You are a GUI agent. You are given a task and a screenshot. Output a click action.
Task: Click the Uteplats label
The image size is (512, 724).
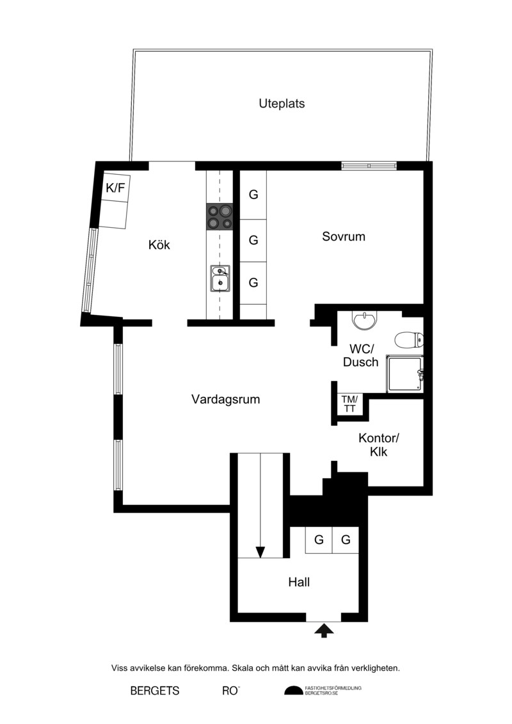tap(282, 104)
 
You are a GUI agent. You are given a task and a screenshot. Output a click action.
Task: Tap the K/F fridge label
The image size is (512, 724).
tap(115, 188)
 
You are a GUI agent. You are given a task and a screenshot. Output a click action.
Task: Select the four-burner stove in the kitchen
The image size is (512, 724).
tap(220, 216)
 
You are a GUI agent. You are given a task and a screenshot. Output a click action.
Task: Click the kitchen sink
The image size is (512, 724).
tap(220, 278)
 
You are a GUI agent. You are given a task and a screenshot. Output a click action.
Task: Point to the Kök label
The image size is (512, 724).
tap(159, 245)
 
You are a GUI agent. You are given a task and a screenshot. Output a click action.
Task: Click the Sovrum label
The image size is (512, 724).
tap(344, 236)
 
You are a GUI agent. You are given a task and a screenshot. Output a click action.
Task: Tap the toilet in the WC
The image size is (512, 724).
tap(409, 341)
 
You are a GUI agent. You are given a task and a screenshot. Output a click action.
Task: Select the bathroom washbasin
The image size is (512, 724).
tap(365, 320)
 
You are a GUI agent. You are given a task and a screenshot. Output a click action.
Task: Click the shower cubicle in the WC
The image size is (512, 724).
tap(404, 374)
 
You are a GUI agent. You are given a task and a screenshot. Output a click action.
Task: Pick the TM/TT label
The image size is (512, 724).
tap(349, 404)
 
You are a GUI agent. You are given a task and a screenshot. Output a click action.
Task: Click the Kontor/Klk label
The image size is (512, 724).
tap(379, 445)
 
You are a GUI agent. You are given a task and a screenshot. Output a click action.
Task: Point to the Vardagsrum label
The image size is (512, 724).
tap(226, 399)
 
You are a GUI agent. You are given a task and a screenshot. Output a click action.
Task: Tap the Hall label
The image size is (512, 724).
tap(299, 583)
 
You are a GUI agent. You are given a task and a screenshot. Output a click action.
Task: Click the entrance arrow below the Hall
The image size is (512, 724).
tap(324, 631)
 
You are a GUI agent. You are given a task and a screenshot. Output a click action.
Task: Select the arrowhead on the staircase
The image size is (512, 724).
tap(260, 552)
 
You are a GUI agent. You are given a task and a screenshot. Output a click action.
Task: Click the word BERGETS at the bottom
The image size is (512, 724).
tap(155, 691)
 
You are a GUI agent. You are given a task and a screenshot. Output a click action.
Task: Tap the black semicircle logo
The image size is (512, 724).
tap(293, 691)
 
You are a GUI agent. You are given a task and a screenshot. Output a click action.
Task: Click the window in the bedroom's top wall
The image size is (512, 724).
tap(369, 166)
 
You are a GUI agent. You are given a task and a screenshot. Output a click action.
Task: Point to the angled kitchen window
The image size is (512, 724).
tap(90, 270)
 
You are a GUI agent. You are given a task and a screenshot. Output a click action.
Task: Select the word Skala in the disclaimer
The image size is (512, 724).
tap(243, 668)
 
